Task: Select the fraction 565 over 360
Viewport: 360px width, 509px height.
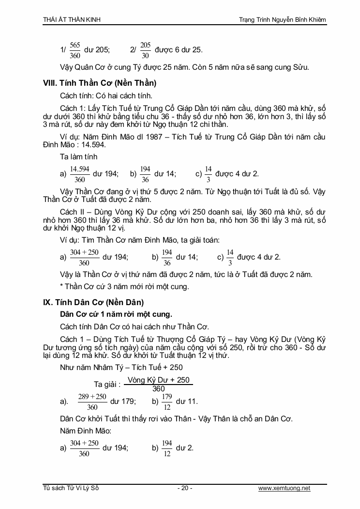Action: point(75,50)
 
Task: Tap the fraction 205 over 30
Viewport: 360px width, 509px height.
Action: point(145,50)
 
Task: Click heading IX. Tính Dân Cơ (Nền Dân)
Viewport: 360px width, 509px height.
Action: point(93,302)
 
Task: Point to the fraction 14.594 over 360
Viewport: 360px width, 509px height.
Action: point(80,173)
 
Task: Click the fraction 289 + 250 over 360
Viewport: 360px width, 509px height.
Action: point(92,401)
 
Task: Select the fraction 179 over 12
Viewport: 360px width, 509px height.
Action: point(167,401)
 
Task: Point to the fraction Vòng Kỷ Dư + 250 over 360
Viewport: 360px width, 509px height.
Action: point(158,385)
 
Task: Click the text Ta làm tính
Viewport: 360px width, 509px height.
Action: point(79,156)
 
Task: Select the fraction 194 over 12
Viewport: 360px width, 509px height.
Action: point(167,448)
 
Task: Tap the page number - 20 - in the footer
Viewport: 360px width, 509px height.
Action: point(185,488)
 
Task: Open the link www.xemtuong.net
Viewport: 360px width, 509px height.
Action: point(284,488)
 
